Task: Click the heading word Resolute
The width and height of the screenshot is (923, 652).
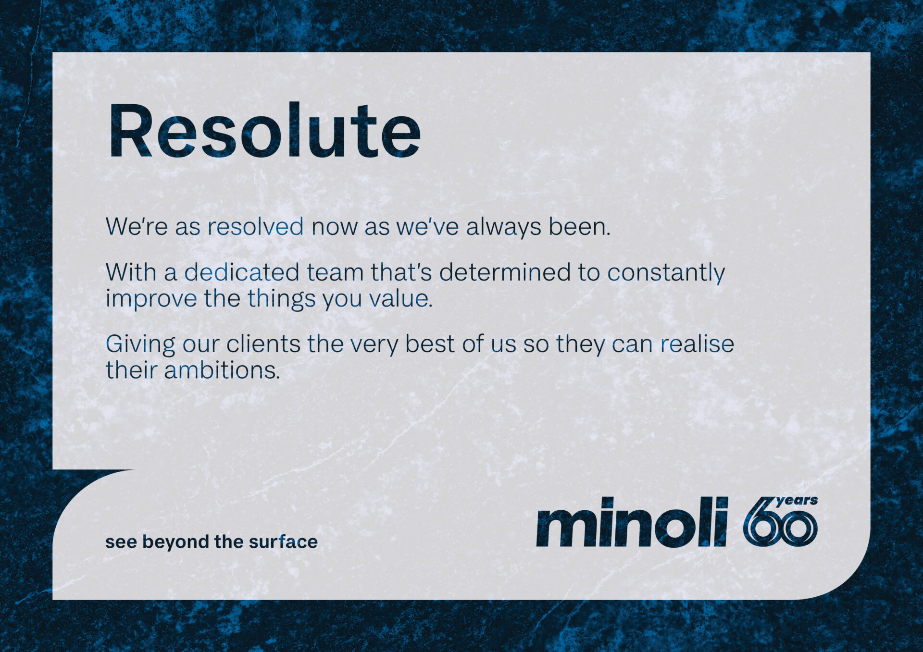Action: click(x=264, y=130)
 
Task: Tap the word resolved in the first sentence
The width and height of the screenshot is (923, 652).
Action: click(x=255, y=226)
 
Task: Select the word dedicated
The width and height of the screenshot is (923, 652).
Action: click(x=242, y=272)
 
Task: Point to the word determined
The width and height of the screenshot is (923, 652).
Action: click(x=506, y=272)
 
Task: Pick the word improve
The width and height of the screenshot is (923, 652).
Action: click(x=151, y=299)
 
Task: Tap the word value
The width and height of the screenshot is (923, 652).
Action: click(x=400, y=298)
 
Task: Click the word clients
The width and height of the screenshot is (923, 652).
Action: click(x=263, y=344)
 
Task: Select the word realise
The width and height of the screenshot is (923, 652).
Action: click(x=697, y=344)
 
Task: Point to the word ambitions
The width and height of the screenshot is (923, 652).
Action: click(x=222, y=370)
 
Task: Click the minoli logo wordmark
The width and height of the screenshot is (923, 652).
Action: click(x=632, y=522)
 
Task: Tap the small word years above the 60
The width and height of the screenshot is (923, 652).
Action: click(x=797, y=501)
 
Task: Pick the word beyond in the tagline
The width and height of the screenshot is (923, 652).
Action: click(x=175, y=542)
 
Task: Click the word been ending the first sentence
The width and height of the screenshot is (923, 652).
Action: click(x=580, y=226)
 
